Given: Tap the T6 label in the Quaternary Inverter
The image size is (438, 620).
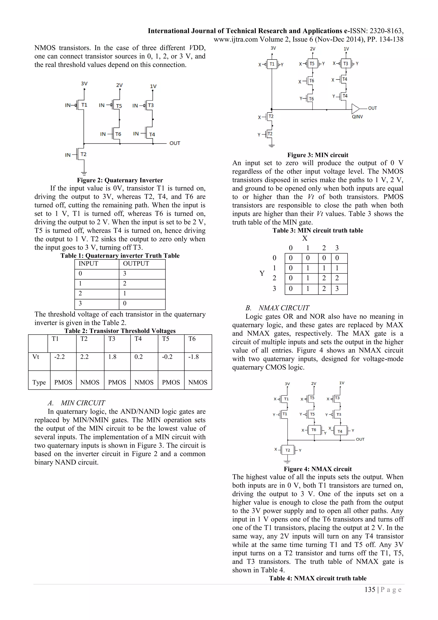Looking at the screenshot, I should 118,134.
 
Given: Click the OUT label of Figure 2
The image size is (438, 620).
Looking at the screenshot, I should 175,143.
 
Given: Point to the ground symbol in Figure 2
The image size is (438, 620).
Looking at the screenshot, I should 84,173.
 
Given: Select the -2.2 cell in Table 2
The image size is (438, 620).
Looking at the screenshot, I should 59,357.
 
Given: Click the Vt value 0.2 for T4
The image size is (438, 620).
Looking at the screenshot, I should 139,357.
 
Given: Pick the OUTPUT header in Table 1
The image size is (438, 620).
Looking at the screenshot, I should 136,264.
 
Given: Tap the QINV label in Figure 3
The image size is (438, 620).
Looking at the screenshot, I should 357,117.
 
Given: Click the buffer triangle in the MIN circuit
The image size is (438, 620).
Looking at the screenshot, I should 355,109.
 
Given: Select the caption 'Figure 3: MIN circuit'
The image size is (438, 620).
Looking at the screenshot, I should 318,155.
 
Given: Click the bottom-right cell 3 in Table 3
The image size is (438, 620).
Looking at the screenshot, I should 337,288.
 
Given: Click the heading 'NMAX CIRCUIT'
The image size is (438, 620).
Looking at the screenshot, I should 284,308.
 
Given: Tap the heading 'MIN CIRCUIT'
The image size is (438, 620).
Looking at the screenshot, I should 83,403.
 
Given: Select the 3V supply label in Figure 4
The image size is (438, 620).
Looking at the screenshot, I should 287,384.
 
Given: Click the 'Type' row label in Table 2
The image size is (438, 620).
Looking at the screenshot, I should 39,382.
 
